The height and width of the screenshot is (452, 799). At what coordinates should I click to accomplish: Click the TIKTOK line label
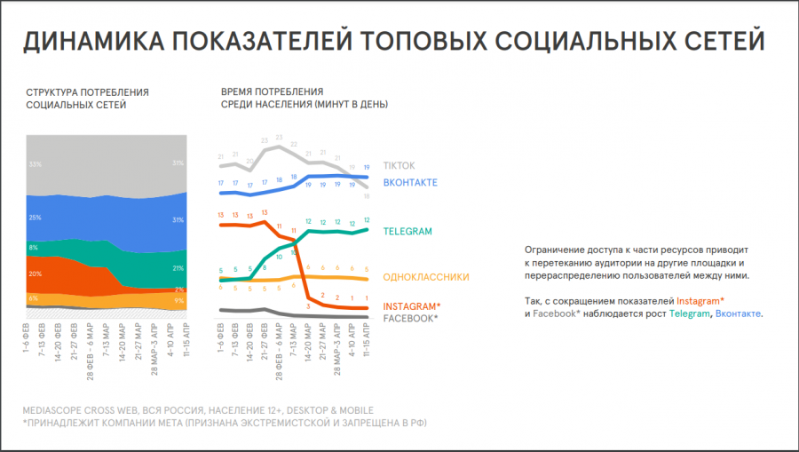pos(399,166)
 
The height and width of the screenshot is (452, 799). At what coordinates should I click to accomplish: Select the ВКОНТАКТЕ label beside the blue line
pos(410,182)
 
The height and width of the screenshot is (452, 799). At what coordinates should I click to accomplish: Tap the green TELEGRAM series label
pos(407,232)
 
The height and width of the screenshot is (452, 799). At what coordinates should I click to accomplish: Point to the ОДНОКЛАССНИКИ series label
pos(426,277)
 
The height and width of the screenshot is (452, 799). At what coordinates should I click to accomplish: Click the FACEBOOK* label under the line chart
pos(410,318)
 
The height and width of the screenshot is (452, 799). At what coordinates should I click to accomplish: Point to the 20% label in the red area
pos(36,274)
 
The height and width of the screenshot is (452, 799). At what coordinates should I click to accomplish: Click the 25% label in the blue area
pos(36,218)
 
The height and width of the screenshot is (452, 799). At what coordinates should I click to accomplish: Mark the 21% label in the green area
pos(178,268)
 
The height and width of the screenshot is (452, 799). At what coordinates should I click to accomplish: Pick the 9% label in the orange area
pos(178,301)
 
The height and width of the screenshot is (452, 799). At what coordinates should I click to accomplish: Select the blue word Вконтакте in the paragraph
pos(739,314)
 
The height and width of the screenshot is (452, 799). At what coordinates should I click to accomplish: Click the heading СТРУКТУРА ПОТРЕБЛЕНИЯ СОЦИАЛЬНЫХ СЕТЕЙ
pos(87,99)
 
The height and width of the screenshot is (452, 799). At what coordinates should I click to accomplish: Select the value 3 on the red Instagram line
pos(307,305)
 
